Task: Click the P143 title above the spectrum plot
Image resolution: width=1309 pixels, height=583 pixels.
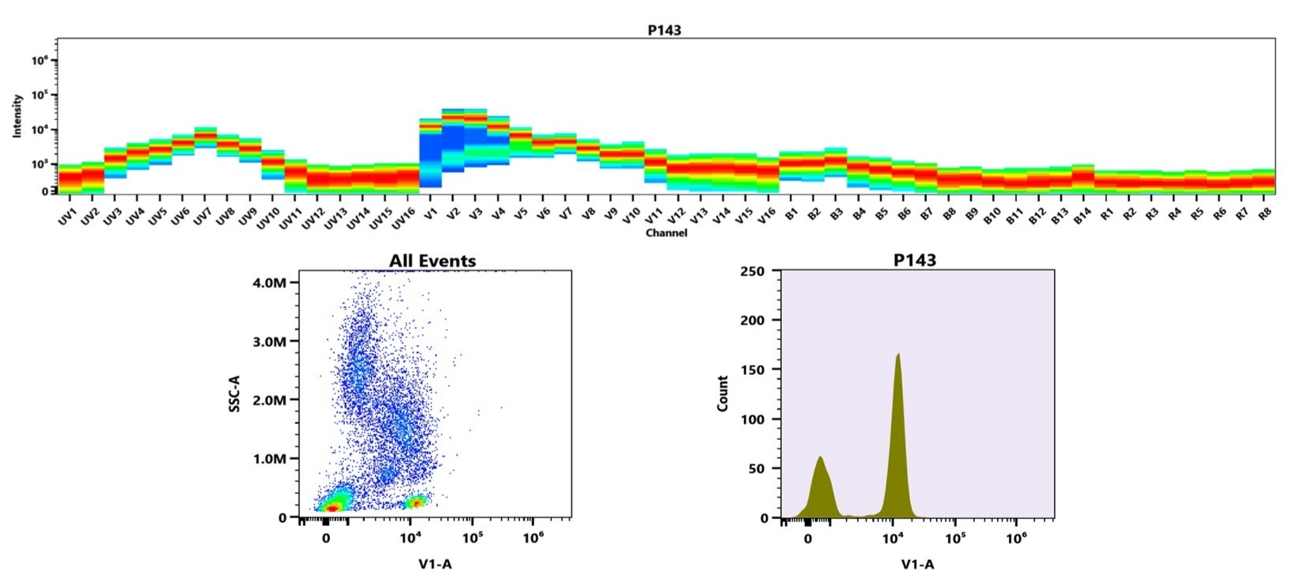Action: coord(664,30)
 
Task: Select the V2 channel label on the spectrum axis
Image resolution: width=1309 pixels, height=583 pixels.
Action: coord(452,212)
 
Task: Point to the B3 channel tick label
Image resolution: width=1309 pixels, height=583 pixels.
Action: coord(835,212)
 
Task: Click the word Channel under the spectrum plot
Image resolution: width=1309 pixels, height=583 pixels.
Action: coord(666,233)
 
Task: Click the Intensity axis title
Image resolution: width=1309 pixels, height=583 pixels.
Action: coord(17,115)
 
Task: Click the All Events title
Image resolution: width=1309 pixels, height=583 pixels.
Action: coord(432,261)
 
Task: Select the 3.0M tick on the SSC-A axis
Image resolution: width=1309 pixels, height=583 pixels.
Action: coord(270,342)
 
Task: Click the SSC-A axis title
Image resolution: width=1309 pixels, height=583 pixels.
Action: coord(234,394)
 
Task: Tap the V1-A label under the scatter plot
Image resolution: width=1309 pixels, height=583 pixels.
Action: coord(434,563)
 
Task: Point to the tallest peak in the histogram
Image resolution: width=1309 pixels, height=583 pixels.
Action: coord(897,356)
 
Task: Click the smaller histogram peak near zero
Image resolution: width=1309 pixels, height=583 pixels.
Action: coord(821,459)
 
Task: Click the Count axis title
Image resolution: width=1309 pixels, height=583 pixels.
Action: coord(722,393)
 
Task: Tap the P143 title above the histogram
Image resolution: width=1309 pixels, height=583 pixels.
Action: coord(914,260)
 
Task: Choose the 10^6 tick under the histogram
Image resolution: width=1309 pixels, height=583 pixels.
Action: coord(1016,539)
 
